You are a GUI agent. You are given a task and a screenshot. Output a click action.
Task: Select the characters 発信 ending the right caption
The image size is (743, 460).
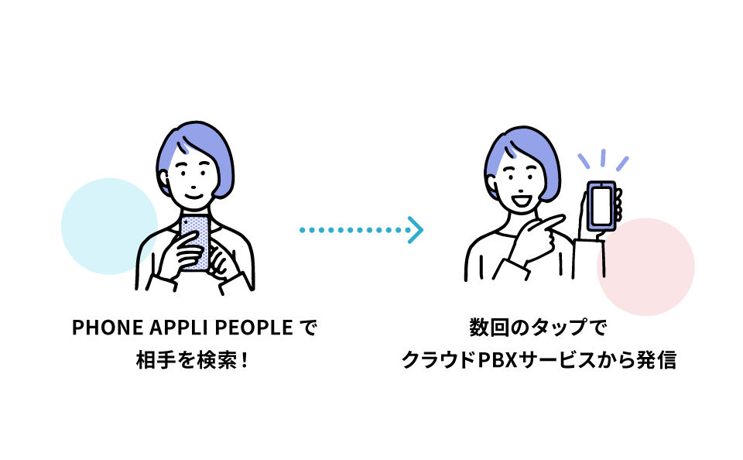pos(657,361)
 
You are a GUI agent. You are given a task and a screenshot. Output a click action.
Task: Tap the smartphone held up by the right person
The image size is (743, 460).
pos(602,206)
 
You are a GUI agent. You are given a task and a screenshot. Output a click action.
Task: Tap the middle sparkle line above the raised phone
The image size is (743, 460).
pos(603,156)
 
